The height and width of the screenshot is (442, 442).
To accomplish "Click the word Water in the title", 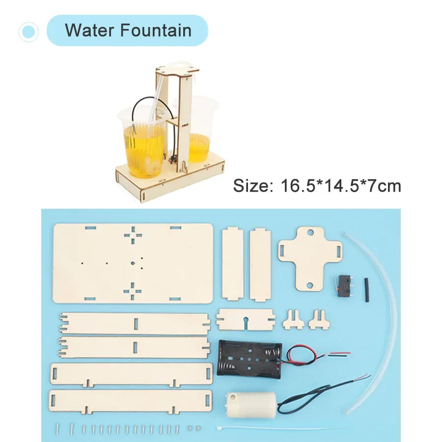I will (x=90, y=30).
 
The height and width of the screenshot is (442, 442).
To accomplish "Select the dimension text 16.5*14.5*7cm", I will (x=341, y=186).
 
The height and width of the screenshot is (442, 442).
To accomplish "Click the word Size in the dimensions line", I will (x=251, y=186).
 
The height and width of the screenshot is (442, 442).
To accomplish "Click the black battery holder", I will (x=249, y=359).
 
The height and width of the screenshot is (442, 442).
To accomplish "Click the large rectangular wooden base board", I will (x=133, y=263).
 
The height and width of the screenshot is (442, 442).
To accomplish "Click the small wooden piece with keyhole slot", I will (x=246, y=319).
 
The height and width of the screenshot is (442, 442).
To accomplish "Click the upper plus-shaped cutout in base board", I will (x=133, y=236).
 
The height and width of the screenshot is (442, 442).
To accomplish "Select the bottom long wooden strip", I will (x=130, y=401).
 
